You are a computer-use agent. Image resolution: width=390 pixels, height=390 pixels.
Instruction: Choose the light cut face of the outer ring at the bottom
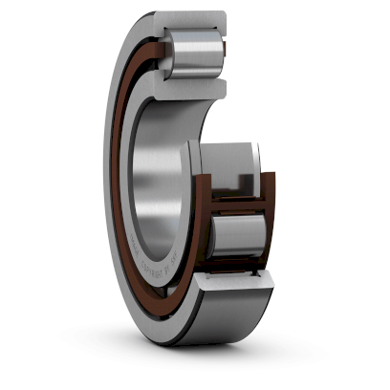point(235,285)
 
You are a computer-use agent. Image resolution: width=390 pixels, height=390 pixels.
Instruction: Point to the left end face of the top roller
point(170,53)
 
